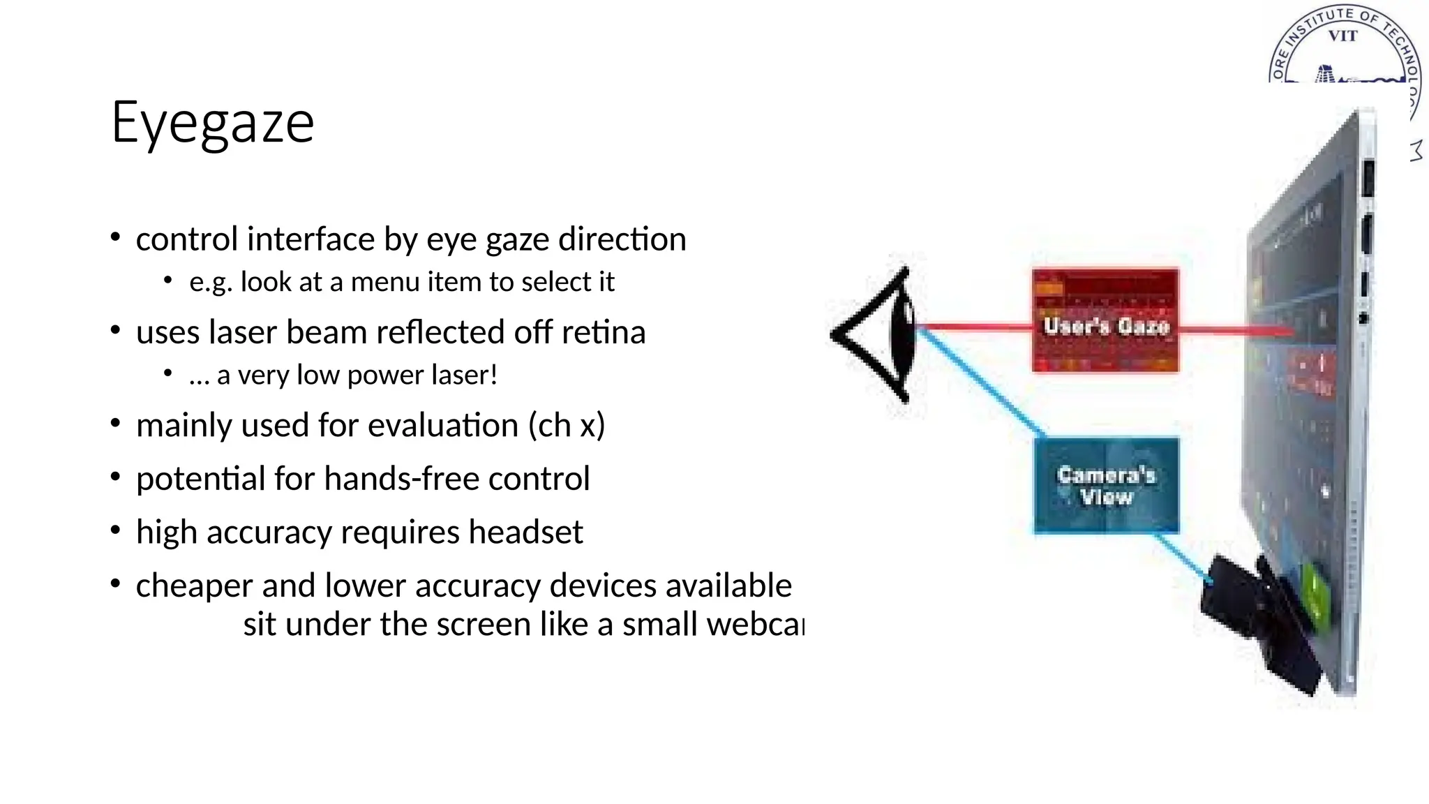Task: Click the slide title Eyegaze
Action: pos(213,123)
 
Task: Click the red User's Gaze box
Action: pos(1105,321)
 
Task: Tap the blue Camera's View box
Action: pos(1106,485)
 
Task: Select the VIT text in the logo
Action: pos(1342,36)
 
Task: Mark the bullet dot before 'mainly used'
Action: pos(116,423)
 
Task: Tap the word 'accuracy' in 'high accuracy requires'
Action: pos(269,533)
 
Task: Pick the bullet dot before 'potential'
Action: pos(116,476)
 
